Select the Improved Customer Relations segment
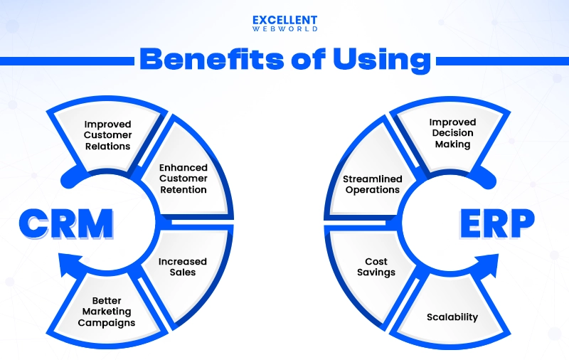[x=107, y=135]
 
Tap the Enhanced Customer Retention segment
[x=183, y=179]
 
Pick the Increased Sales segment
[x=183, y=267]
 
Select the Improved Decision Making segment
[x=452, y=133]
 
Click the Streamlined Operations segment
[x=373, y=184]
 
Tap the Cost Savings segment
[x=376, y=267]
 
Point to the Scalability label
[x=452, y=317]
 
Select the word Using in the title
[x=384, y=60]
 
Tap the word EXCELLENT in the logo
[x=284, y=20]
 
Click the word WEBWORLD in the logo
[x=284, y=30]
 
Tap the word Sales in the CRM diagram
[x=183, y=272]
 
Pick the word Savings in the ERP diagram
[x=376, y=272]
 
